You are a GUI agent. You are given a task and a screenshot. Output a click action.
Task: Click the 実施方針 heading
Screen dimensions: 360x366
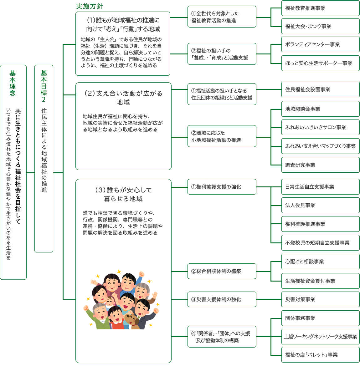[90, 6]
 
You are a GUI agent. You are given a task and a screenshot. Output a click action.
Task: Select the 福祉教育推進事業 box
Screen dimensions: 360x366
[320, 8]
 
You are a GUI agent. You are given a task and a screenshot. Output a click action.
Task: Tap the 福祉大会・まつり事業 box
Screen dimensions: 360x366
[320, 26]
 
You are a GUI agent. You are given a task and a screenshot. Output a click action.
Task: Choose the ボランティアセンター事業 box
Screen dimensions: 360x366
[320, 44]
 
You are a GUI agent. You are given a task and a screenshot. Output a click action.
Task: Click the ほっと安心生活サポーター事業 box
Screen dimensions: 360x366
[320, 63]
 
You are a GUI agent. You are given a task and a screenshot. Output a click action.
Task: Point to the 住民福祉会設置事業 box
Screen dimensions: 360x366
[320, 89]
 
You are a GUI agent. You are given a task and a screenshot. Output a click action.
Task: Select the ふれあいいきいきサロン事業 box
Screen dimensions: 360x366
[320, 127]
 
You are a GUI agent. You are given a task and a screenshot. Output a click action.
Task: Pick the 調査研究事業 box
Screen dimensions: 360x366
[320, 165]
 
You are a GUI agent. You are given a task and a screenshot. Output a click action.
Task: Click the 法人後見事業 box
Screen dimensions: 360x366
[320, 205]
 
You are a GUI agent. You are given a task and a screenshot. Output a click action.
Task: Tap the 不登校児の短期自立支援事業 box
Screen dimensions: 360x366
[320, 243]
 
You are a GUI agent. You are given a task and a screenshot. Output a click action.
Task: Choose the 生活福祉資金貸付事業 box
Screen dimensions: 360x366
[320, 281]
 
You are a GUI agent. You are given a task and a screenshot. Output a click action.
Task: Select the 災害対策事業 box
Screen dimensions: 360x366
[320, 299]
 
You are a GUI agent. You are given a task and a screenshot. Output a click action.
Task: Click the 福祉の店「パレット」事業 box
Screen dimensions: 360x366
[320, 355]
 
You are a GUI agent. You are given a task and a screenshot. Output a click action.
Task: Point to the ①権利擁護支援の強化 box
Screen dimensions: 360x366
[222, 187]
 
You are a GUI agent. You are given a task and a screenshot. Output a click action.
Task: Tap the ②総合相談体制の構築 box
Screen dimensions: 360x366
[222, 271]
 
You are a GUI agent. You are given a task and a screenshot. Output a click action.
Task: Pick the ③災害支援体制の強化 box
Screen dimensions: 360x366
[222, 299]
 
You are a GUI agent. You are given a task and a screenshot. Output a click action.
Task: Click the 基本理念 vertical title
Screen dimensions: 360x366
[13, 83]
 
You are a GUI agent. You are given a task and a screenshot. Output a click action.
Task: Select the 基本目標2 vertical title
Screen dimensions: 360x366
[44, 86]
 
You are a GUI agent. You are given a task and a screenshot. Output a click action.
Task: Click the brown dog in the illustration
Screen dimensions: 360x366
[132, 321]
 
